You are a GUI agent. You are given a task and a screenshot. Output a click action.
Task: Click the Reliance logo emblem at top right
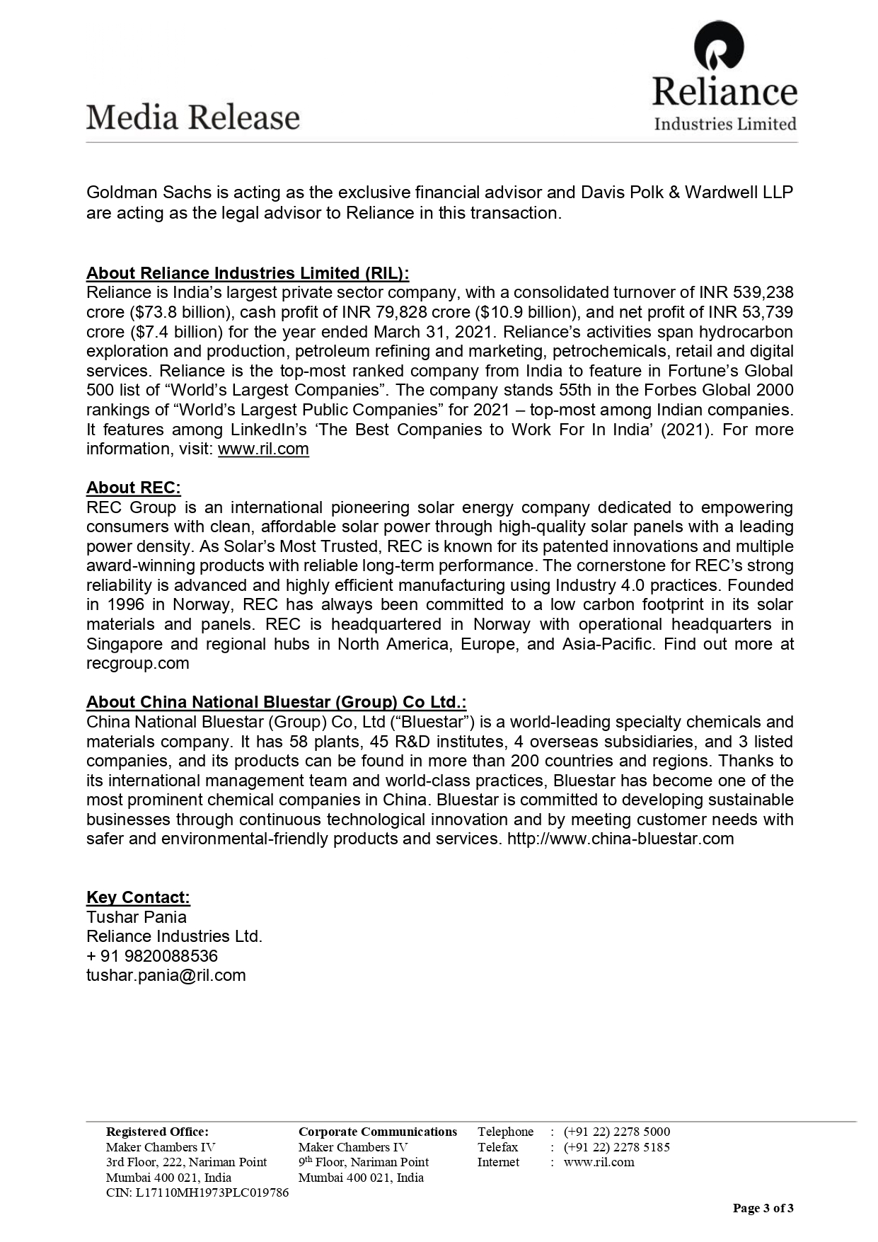pyautogui.click(x=719, y=47)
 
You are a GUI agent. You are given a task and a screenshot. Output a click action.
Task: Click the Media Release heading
pyautogui.click(x=193, y=117)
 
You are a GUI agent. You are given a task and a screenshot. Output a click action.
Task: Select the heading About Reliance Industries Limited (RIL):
pyautogui.click(x=248, y=273)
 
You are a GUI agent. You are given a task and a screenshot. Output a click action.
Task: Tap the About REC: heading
pyautogui.click(x=134, y=488)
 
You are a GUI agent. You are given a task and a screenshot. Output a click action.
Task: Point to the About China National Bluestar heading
pyautogui.click(x=276, y=702)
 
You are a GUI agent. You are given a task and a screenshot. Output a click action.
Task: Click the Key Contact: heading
pyautogui.click(x=138, y=897)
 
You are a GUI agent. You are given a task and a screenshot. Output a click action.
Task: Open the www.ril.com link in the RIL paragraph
pyautogui.click(x=263, y=449)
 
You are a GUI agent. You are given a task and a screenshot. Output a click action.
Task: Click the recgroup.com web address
pyautogui.click(x=138, y=663)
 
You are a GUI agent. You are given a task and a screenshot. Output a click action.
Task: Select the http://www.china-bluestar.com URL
pyautogui.click(x=620, y=839)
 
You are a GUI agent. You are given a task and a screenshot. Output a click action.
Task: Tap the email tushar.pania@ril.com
pyautogui.click(x=166, y=975)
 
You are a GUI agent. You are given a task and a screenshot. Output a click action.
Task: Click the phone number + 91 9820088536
pyautogui.click(x=152, y=956)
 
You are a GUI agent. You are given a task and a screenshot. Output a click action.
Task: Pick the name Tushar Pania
pyautogui.click(x=137, y=917)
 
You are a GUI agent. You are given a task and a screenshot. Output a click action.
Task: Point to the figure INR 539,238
pyautogui.click(x=746, y=293)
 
